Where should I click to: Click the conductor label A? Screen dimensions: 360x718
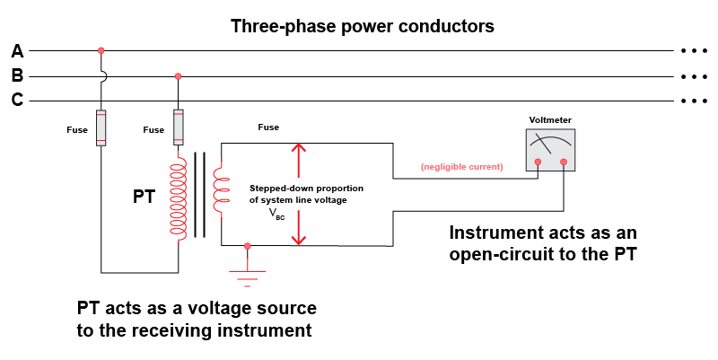coord(17,51)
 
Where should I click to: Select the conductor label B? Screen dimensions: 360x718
coord(17,76)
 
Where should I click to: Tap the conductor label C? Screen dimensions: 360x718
coord(17,101)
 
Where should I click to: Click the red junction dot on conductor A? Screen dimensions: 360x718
coord(101,50)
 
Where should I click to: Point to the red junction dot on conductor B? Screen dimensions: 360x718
coord(179,76)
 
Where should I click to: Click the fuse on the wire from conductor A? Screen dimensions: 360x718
coord(101,127)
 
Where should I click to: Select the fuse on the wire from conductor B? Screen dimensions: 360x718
coord(179,127)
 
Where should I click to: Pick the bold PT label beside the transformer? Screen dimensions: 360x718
coord(144,197)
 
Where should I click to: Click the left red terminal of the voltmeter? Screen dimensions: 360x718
coord(538,162)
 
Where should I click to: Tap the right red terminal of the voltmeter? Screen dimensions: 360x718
coord(564,162)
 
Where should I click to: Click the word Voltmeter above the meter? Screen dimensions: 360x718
coord(550,119)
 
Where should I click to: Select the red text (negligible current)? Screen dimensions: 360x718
coord(461,167)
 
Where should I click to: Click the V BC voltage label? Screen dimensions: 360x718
coord(278,215)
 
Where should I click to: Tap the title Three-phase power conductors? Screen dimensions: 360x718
coord(362,26)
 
